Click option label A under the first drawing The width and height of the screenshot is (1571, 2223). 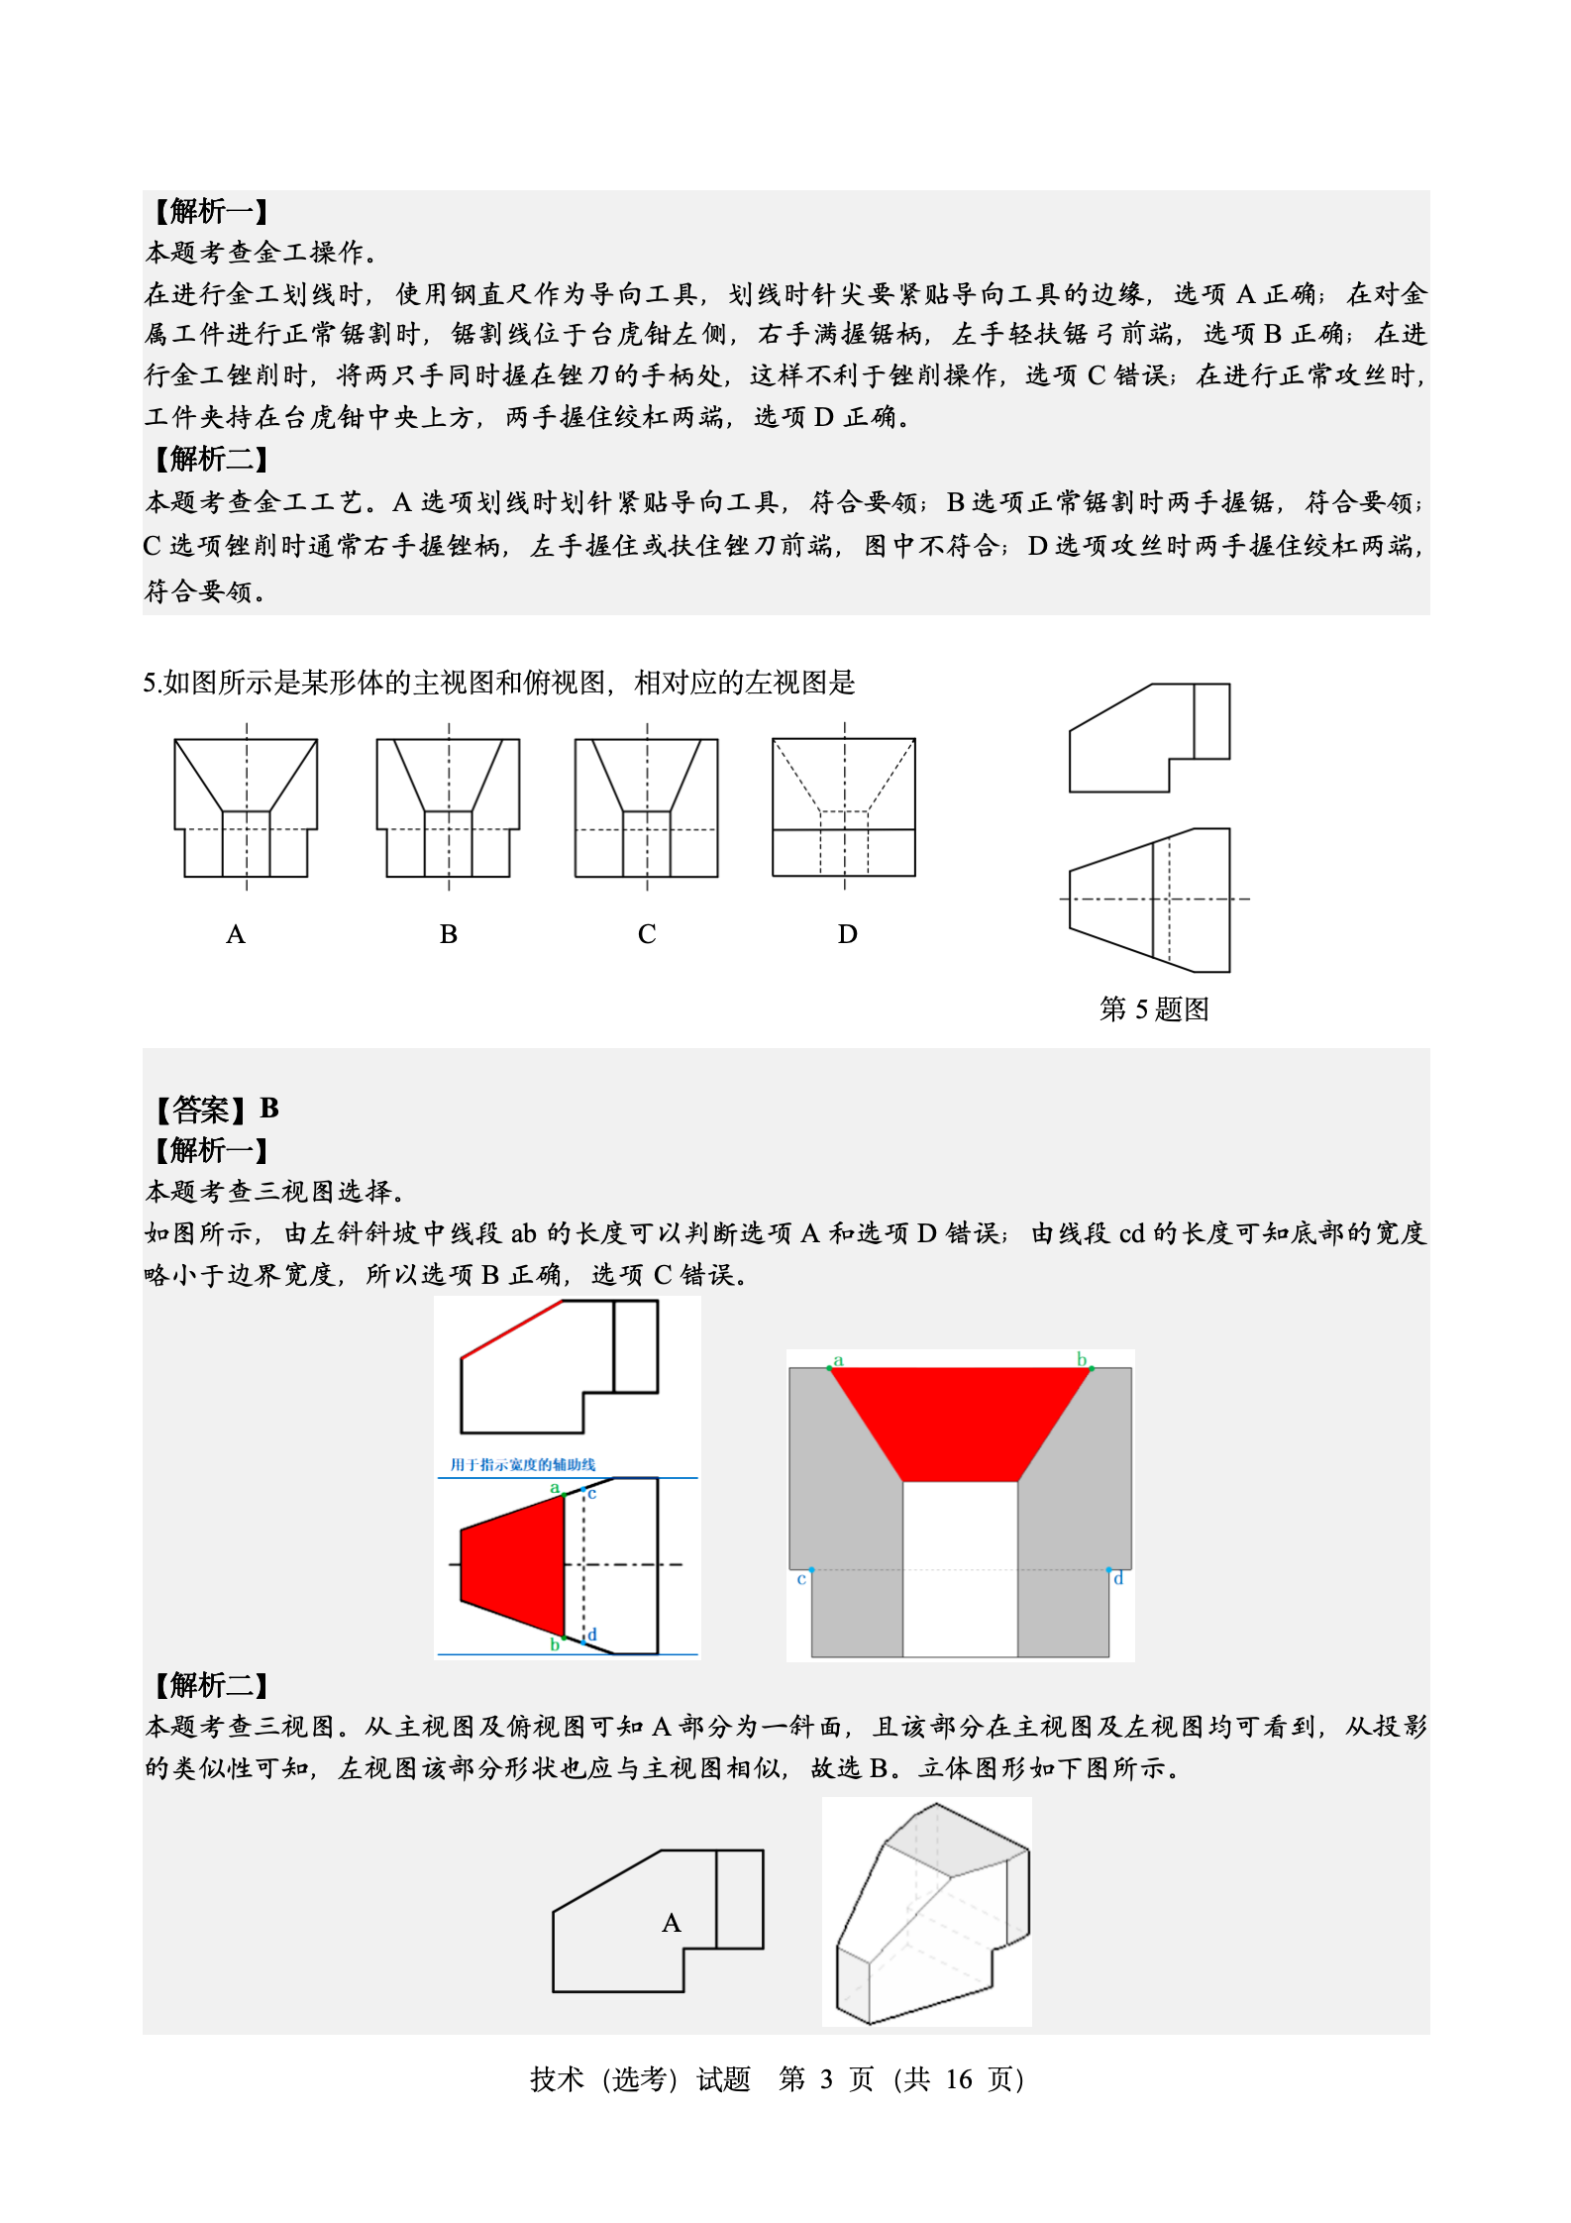(235, 934)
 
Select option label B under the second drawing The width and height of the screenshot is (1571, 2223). (448, 934)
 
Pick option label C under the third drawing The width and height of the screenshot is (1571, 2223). (647, 934)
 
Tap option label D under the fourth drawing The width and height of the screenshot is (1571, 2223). (847, 934)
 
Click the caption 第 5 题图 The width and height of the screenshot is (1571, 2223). (1154, 1008)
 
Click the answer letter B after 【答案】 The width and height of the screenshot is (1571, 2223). (269, 1108)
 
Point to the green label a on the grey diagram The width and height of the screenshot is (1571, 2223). (838, 1360)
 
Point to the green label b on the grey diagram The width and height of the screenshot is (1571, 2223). (1082, 1359)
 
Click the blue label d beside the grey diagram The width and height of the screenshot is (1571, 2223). (1118, 1578)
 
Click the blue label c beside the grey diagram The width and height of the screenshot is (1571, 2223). (801, 1578)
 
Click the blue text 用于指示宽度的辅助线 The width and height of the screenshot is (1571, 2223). (523, 1464)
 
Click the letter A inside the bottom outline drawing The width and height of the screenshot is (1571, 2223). (672, 1923)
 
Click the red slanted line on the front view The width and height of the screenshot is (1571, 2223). (512, 1328)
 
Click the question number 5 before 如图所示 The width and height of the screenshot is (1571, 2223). (150, 683)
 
